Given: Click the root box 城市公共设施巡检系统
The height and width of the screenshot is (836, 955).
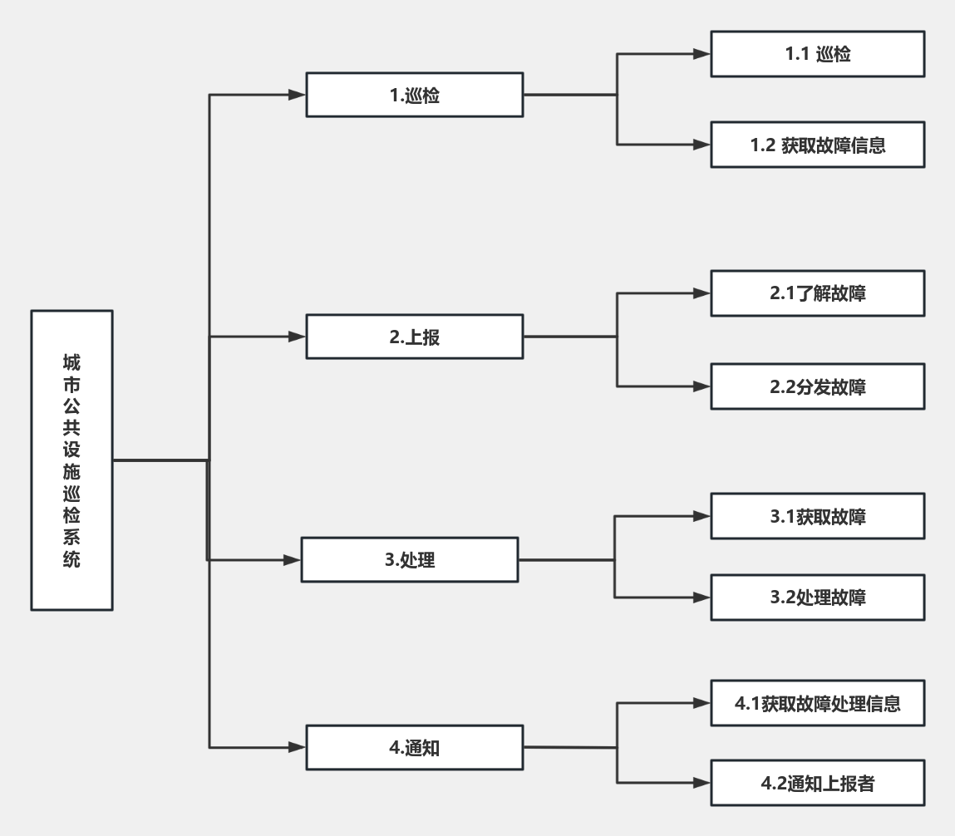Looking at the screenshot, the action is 71,460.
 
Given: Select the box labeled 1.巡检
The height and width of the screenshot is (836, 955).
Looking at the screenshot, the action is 414,95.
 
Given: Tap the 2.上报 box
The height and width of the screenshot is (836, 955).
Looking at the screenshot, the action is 414,337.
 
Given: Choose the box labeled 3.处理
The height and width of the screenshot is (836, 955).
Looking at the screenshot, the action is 410,559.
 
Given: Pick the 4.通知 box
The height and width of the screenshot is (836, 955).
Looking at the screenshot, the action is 414,747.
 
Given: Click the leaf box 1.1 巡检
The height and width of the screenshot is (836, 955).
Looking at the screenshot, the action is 817,54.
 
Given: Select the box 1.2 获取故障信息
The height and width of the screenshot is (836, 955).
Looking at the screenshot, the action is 817,145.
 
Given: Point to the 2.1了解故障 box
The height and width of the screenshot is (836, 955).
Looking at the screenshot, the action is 817,293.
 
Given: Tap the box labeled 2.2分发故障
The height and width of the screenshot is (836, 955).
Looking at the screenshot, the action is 817,386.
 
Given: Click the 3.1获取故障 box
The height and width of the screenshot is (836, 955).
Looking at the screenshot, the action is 817,516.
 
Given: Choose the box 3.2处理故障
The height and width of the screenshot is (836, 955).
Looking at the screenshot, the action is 817,597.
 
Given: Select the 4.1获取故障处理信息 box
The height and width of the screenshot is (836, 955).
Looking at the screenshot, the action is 817,703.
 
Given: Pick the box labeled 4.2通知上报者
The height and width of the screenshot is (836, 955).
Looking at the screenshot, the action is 817,783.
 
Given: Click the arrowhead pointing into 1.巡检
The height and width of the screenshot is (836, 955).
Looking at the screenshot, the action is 298,95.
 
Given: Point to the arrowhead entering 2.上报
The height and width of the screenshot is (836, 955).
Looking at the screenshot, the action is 298,337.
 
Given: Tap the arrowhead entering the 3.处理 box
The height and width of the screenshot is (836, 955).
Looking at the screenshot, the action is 293,559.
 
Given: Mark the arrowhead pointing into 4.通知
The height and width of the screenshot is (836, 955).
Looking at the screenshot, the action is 298,747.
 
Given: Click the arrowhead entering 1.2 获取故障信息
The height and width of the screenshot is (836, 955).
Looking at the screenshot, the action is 701,145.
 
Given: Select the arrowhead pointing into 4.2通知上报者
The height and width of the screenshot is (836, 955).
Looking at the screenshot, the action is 701,783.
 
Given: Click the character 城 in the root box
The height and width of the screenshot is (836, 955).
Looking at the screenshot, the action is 71,362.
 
